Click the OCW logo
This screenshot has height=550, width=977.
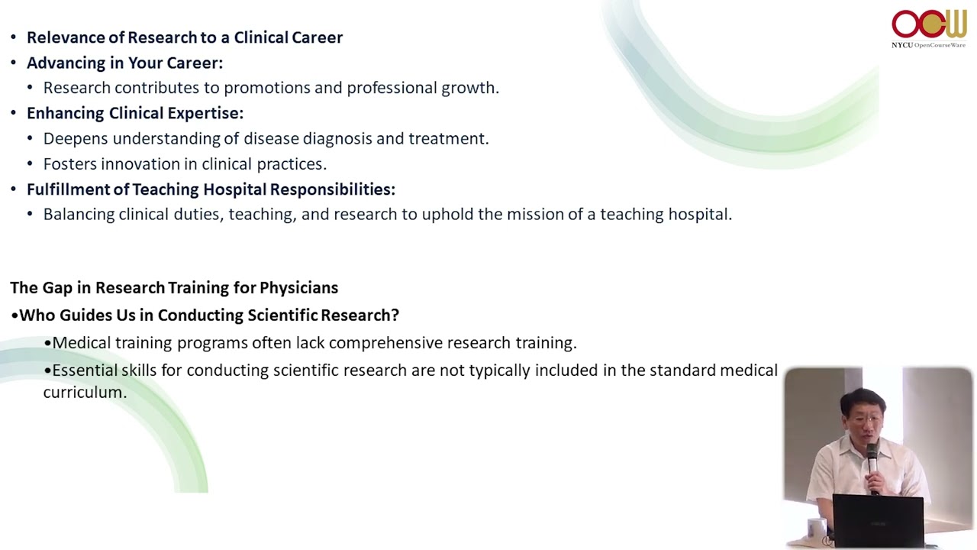[929, 24]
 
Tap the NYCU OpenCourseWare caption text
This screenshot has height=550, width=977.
[928, 45]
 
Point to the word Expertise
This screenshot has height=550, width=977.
[205, 114]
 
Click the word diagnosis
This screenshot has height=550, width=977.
[337, 138]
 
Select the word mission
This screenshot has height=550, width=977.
[535, 215]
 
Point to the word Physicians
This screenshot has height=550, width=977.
[298, 288]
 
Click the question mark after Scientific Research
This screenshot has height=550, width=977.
[395, 315]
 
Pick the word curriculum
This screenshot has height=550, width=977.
[85, 392]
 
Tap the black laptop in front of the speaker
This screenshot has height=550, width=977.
[878, 520]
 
